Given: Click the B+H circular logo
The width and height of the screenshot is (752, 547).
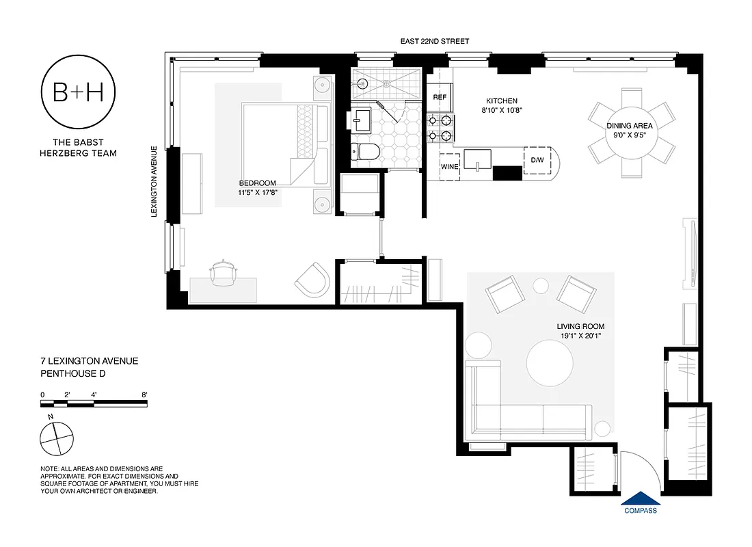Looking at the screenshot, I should (x=78, y=94).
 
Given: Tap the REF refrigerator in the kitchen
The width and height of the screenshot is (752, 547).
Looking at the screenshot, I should (x=440, y=98).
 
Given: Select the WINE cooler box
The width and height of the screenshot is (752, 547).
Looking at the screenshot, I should (x=449, y=166).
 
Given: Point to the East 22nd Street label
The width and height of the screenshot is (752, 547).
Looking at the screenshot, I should (x=435, y=42).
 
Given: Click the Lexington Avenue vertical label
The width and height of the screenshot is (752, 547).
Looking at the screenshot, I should (x=155, y=182).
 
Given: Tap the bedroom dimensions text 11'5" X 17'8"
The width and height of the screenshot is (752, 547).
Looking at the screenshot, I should (x=257, y=193).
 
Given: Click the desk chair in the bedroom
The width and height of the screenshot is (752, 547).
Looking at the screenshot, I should (x=224, y=273).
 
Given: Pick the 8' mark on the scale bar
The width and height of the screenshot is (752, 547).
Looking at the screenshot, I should (x=144, y=395).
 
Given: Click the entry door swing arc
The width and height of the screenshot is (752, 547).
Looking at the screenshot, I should (x=647, y=472).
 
